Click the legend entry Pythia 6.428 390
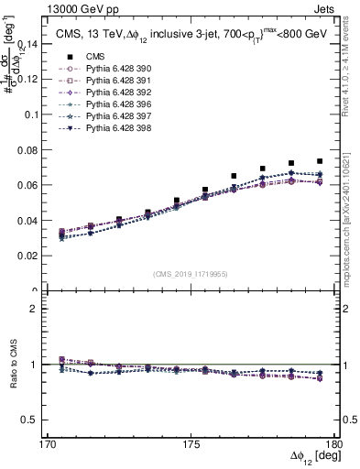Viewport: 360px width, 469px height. (x=91, y=68)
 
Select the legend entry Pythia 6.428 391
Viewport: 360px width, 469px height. (x=91, y=80)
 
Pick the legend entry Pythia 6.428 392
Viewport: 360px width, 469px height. (x=91, y=92)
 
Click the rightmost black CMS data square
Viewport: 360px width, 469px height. (x=319, y=161)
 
